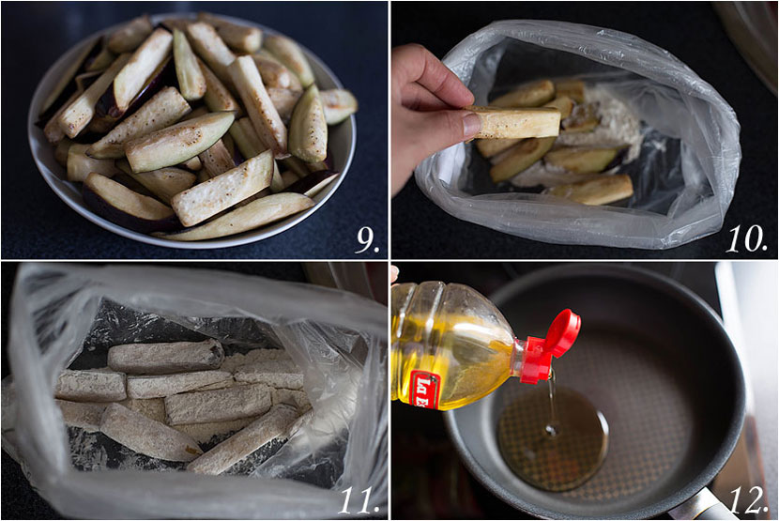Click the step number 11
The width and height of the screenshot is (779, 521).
358,498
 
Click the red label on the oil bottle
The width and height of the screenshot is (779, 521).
423,388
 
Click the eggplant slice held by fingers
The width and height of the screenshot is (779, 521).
515,122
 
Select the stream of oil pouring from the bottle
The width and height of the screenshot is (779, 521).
552,399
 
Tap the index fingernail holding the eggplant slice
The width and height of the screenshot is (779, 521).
471,125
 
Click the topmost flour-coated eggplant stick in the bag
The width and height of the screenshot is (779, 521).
164,355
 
